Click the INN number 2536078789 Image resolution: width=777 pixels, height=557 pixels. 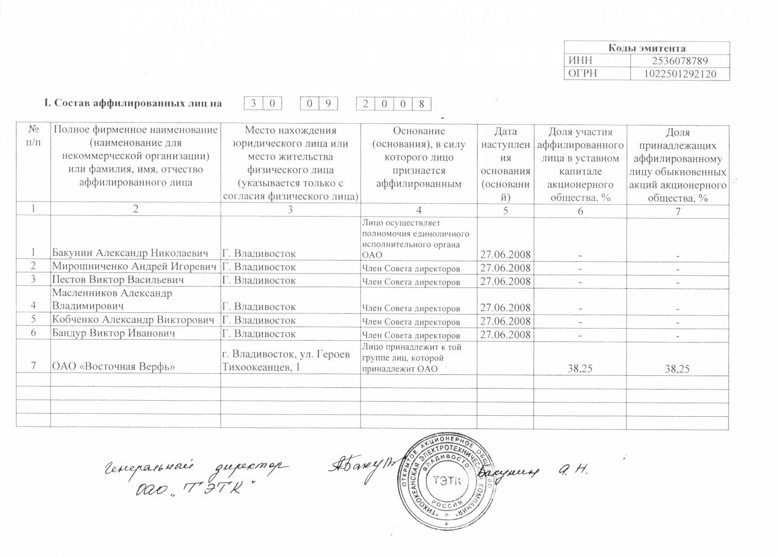click(679, 61)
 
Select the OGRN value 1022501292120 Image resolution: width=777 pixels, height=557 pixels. click(679, 74)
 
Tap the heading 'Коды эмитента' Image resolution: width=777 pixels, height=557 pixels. click(647, 48)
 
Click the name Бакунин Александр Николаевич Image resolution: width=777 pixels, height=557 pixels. click(130, 253)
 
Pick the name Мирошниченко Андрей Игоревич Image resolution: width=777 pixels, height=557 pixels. click(134, 267)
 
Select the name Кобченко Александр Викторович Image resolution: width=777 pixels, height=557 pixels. click(133, 320)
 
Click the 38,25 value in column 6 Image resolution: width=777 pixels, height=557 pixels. click(580, 369)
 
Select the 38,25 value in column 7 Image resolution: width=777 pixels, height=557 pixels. click(677, 369)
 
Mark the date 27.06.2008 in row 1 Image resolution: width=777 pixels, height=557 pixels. click(505, 254)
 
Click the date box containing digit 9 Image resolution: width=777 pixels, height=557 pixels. click(328, 103)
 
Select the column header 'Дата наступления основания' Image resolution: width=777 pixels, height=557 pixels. click(505, 164)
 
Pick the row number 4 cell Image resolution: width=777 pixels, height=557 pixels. click(33, 306)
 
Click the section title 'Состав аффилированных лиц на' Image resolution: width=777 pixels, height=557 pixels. click(133, 103)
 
